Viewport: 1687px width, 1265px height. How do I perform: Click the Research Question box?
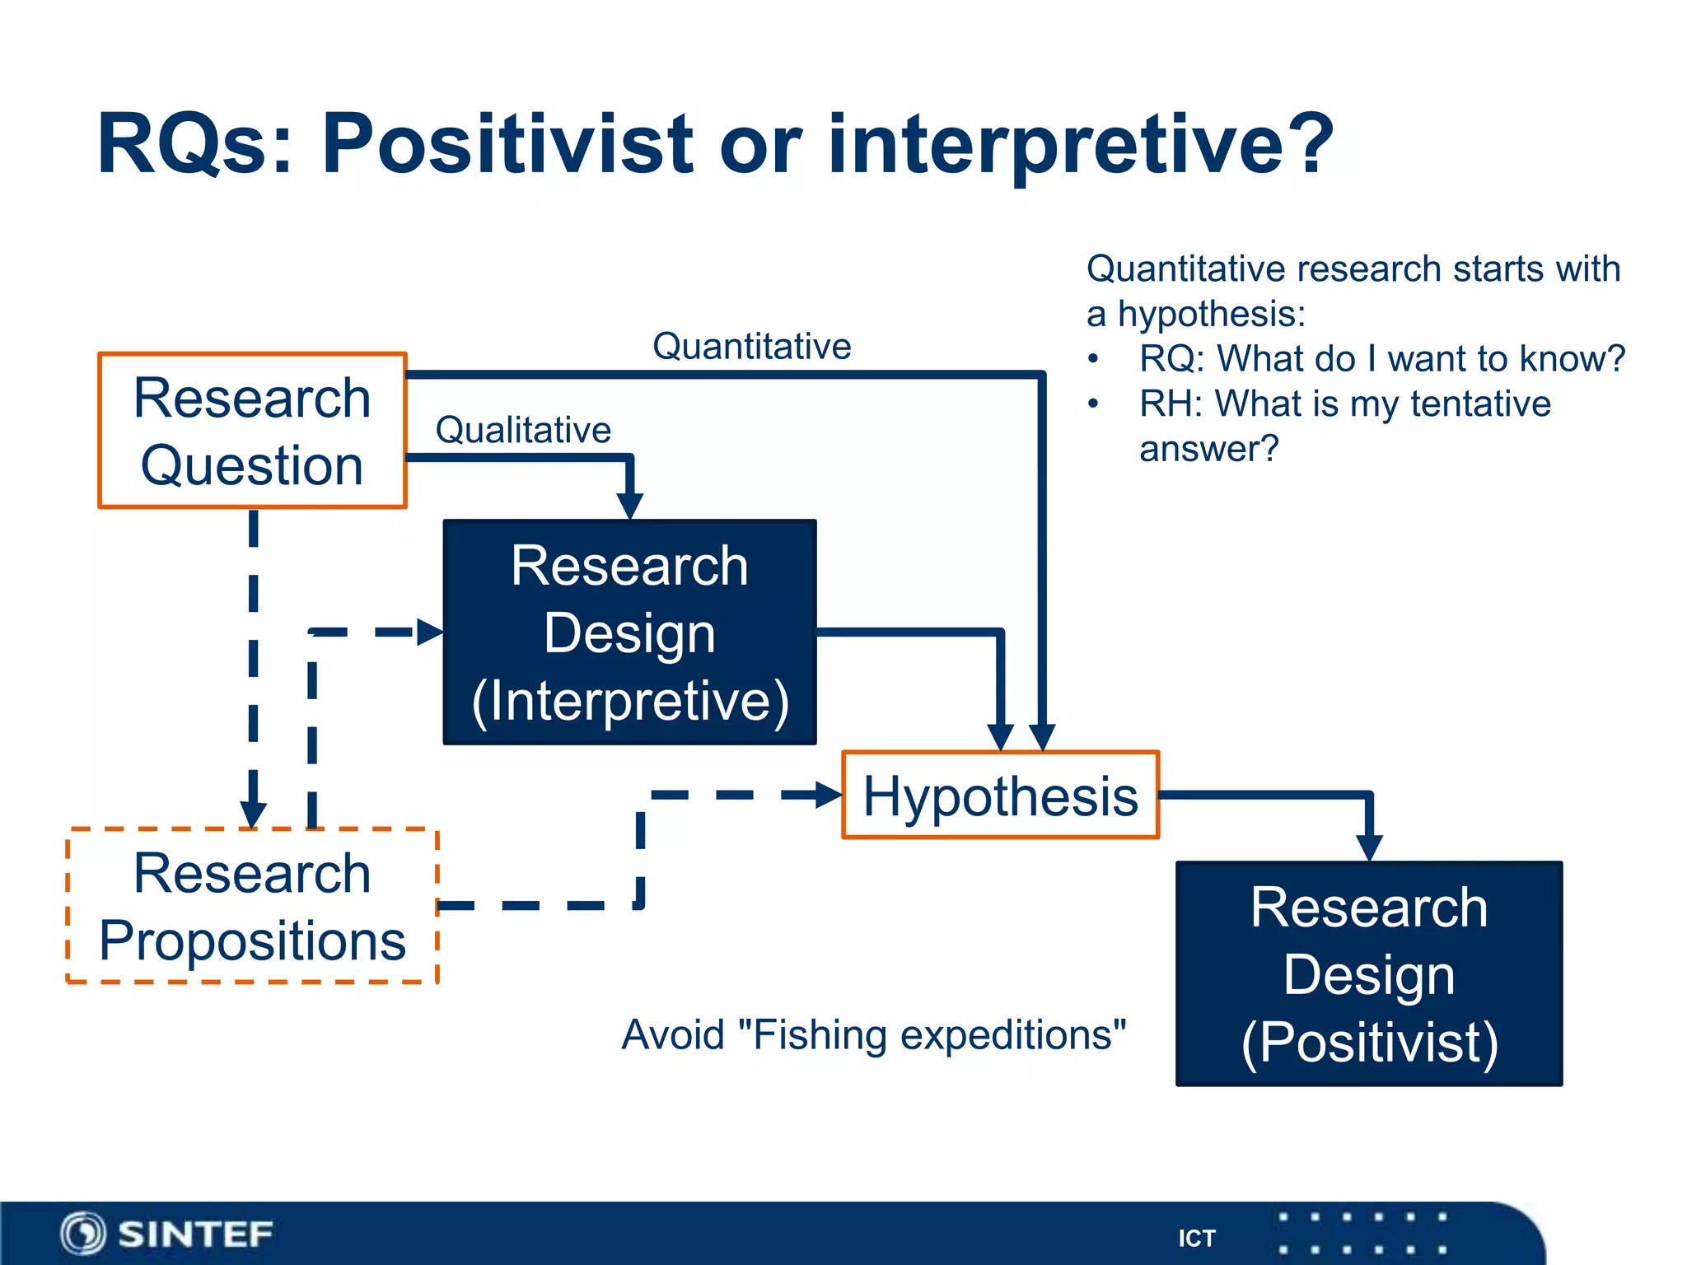(252, 431)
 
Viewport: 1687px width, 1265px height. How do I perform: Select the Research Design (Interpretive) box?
(629, 632)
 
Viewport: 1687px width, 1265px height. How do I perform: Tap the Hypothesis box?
(1000, 796)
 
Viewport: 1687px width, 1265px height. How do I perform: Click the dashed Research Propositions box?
(252, 906)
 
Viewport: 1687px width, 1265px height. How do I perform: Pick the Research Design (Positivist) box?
(1368, 974)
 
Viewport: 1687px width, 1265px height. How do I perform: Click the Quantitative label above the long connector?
(751, 346)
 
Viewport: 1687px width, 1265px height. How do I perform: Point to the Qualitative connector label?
(523, 430)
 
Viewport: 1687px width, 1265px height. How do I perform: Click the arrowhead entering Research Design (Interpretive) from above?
(629, 505)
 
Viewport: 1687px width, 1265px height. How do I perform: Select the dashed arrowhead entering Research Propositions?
(253, 814)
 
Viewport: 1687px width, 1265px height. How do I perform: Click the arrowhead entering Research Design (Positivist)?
(1368, 847)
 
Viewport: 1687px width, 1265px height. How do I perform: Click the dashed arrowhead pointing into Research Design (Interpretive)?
(429, 632)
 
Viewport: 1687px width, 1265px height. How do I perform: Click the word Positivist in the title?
(507, 144)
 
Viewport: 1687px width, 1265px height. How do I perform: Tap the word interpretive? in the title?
(1079, 144)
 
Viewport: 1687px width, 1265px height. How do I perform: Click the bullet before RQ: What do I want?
(1093, 359)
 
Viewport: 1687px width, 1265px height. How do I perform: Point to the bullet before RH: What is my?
(1093, 404)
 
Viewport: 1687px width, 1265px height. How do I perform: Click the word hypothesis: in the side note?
(1211, 315)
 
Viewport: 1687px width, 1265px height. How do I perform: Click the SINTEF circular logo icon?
(82, 1234)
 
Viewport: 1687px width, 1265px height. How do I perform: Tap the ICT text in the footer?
(1196, 1238)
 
